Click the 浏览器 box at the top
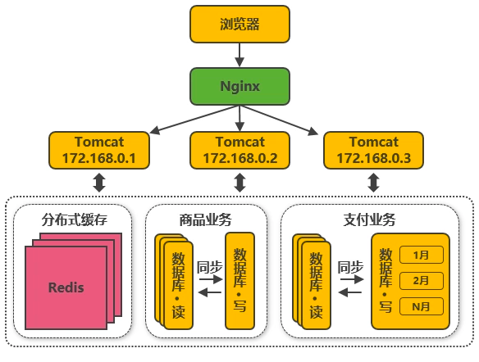pos(239,24)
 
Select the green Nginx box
pos(239,86)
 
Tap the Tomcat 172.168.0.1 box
pos(99,150)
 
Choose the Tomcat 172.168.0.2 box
pos(239,150)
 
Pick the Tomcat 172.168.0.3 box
pos(374,150)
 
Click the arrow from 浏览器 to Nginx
pos(239,55)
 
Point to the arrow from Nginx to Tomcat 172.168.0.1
pos(194,120)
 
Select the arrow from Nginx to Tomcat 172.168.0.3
pos(279,120)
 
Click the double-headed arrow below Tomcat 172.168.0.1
pos(99,183)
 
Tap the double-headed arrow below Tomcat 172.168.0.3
pos(374,183)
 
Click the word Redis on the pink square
pos(66,287)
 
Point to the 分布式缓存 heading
pos(75,219)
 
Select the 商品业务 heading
pos(205,219)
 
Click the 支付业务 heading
pos(369,219)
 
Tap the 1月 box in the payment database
pos(422,255)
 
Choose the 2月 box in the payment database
pos(422,281)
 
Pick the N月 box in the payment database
pos(422,306)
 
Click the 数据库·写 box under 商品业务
pos(239,281)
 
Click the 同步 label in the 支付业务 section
pos(350,268)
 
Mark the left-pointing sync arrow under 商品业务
pos(210,292)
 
